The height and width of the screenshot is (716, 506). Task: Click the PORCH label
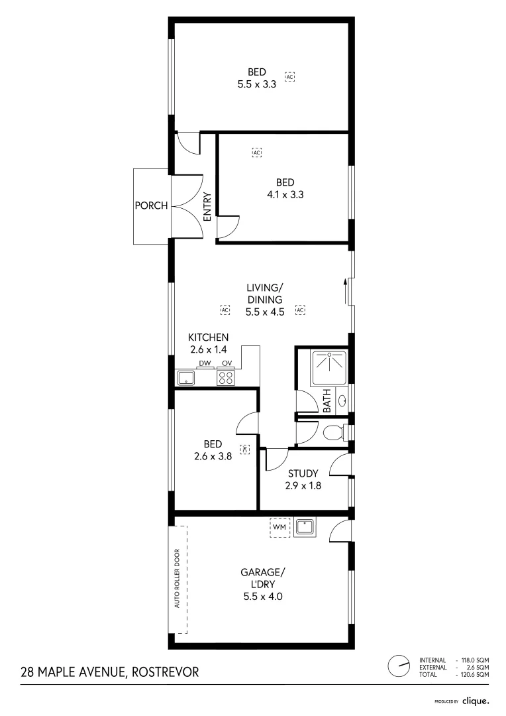[x=152, y=206]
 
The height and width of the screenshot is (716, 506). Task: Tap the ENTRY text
[x=207, y=207]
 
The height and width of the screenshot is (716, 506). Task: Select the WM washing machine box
[x=279, y=527]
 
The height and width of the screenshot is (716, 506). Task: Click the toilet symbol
[x=335, y=432]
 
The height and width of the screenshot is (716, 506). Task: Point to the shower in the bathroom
[x=329, y=367]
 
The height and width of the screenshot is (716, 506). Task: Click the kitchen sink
[x=185, y=378]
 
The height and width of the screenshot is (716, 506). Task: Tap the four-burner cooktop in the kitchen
[x=226, y=377]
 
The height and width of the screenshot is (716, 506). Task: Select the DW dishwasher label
[x=205, y=363]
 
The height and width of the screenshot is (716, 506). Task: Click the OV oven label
[x=227, y=363]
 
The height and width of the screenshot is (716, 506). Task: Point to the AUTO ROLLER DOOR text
[x=177, y=578]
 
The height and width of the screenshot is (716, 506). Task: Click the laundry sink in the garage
[x=305, y=528]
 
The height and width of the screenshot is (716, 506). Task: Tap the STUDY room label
[x=303, y=473]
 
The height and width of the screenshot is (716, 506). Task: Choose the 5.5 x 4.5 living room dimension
[x=265, y=312]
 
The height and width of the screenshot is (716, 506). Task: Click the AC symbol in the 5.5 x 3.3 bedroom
[x=289, y=77]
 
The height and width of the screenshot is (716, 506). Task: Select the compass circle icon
[x=399, y=667]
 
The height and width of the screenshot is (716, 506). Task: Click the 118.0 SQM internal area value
[x=475, y=660]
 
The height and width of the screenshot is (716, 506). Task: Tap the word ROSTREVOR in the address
[x=165, y=672]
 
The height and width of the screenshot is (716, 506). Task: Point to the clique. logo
[x=476, y=701]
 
